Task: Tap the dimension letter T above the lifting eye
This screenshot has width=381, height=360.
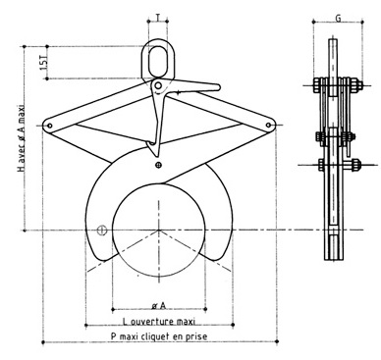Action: tap(159, 19)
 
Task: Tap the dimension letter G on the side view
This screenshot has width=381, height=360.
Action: tap(338, 18)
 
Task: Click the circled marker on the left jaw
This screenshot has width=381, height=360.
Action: tap(101, 231)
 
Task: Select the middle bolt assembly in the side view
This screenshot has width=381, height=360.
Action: tap(337, 133)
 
